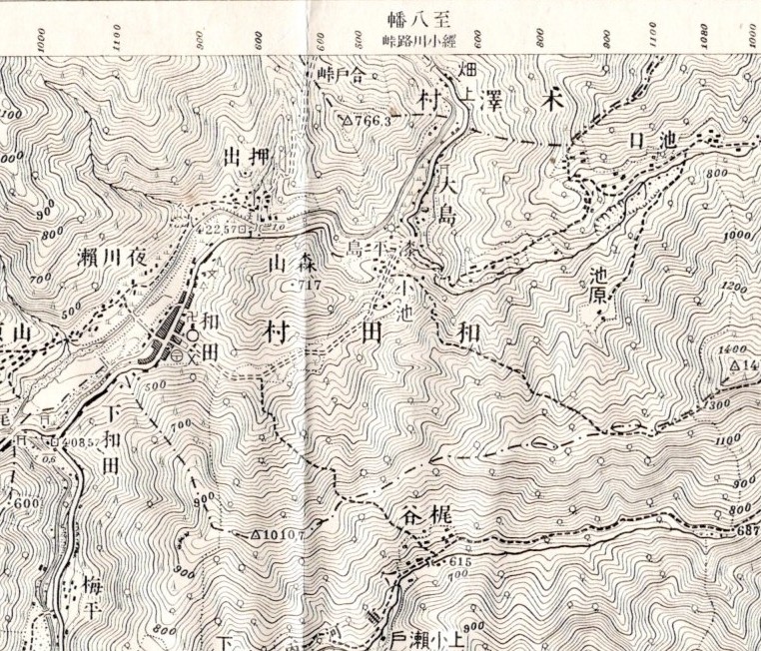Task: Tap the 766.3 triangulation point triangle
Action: pos(346,119)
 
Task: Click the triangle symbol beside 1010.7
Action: pos(257,535)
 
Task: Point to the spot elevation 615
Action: pos(458,563)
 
